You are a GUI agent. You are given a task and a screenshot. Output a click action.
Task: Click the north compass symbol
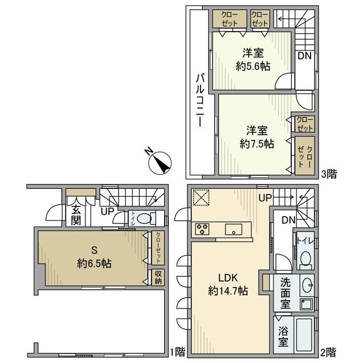(x=159, y=162)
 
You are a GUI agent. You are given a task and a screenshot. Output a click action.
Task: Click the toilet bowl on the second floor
(x=305, y=258)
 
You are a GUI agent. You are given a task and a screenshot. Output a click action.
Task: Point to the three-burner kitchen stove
(x=202, y=229)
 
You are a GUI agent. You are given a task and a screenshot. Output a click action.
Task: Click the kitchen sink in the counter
(x=233, y=229)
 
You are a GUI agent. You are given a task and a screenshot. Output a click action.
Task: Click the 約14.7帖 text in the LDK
(x=228, y=291)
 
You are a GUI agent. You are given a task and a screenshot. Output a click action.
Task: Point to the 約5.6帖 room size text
(x=253, y=66)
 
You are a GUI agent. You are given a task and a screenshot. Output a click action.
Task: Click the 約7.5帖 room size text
(x=257, y=144)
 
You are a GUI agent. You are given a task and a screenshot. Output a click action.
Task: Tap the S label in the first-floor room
(x=94, y=250)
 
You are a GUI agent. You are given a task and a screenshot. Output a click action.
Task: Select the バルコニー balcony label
(x=200, y=100)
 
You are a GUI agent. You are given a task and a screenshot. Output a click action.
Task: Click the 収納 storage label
(x=158, y=277)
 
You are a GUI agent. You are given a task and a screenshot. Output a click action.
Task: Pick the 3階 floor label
(x=329, y=174)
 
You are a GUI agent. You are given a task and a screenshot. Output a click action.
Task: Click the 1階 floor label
(x=178, y=352)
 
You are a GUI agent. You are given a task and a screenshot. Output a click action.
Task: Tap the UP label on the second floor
(x=265, y=198)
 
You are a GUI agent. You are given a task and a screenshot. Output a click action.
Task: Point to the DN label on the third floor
(x=304, y=56)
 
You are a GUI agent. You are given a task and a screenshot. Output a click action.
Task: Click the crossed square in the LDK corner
(x=201, y=197)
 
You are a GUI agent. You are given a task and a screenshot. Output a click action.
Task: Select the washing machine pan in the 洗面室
(x=307, y=304)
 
